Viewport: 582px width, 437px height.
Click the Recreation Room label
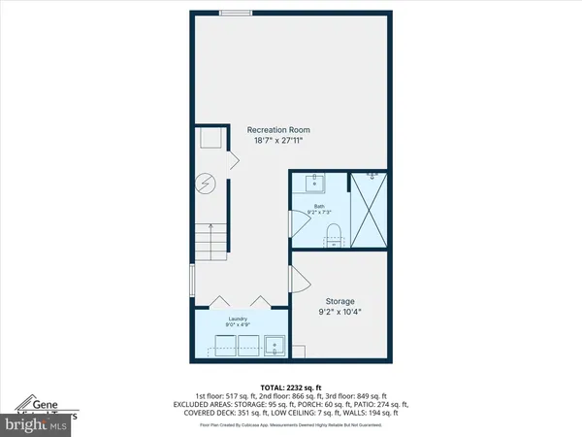(x=275, y=129)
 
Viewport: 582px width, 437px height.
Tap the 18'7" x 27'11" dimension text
(x=275, y=142)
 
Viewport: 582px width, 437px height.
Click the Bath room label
(x=318, y=207)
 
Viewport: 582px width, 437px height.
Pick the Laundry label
(x=239, y=319)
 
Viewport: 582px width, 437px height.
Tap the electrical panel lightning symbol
(x=205, y=183)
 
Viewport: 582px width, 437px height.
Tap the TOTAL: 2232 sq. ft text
(x=291, y=387)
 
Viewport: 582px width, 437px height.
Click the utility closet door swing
(x=232, y=159)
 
